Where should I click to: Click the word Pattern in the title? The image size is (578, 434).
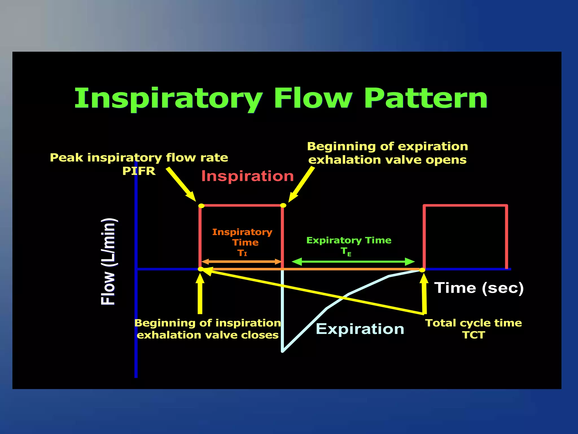tap(426, 98)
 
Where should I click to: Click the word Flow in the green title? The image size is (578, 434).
tap(313, 98)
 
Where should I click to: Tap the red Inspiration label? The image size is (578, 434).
tap(248, 176)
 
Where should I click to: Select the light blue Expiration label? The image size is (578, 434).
tap(360, 329)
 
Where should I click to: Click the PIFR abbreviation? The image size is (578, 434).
tap(139, 171)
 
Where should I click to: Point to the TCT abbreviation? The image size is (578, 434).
tap(474, 335)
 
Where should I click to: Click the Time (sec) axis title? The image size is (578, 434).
tap(479, 288)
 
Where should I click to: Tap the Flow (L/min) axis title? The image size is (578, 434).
tap(108, 261)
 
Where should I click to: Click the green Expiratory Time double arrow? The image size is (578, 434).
tap(353, 262)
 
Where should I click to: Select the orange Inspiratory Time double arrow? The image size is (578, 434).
tap(242, 262)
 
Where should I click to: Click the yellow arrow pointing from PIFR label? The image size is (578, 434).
tap(181, 184)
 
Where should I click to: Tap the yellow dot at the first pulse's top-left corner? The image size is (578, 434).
tap(201, 205)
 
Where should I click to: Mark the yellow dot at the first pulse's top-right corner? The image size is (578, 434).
tap(283, 205)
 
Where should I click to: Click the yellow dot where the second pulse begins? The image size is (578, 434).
tap(422, 270)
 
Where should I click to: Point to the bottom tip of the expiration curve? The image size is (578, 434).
tap(283, 351)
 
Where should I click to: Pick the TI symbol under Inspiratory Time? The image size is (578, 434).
tap(242, 253)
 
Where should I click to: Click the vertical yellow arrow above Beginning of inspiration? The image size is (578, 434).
tap(200, 295)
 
